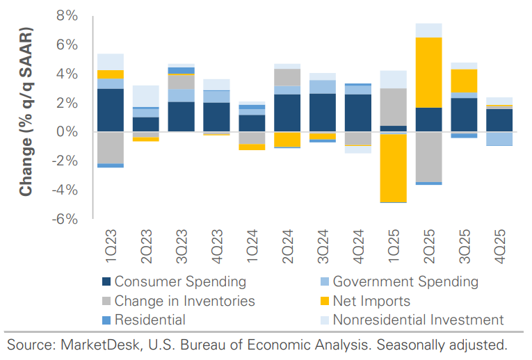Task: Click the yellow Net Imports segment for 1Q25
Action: point(393,167)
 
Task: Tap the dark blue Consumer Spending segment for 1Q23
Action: point(111,110)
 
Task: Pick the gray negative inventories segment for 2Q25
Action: point(428,156)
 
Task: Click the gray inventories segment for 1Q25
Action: point(393,107)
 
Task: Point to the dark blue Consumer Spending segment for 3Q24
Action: point(322,113)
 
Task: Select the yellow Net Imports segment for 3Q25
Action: point(464,81)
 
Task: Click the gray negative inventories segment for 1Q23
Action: point(111,147)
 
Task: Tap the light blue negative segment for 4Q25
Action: point(499,138)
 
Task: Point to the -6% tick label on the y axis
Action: point(63,219)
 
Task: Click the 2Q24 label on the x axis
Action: point(287,243)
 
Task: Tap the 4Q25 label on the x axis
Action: point(500,243)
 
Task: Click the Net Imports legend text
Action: point(371,301)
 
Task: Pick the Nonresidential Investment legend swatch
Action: point(323,320)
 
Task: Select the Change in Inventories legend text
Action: point(185,301)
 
